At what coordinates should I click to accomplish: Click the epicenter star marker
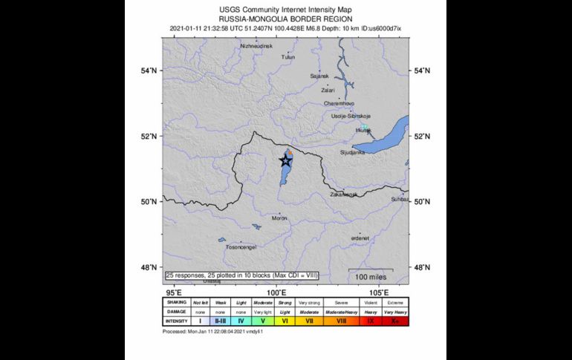(285, 160)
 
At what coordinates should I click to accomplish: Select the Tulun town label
(288, 56)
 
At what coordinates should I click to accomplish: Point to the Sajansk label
(319, 76)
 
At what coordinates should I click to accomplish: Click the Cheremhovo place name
(339, 103)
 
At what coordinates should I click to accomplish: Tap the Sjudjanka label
(351, 152)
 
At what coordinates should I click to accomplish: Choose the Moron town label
(279, 218)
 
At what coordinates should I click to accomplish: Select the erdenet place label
(360, 238)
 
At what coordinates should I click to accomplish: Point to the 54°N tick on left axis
(149, 71)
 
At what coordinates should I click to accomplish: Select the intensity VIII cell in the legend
(341, 321)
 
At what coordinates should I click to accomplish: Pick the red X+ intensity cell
(394, 321)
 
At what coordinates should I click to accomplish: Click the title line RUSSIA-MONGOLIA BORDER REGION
(286, 19)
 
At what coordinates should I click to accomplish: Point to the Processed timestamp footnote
(213, 331)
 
